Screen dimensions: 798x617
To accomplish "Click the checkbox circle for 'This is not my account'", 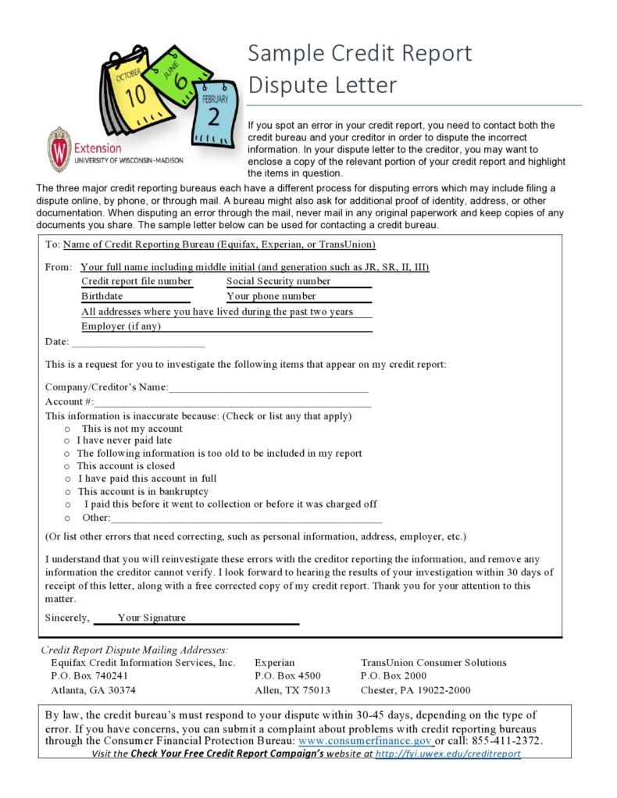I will tap(68, 429).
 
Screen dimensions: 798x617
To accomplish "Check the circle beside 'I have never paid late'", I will tap(68, 441).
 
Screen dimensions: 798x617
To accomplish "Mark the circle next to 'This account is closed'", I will tap(68, 466).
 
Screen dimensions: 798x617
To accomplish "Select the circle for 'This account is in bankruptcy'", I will tap(68, 492).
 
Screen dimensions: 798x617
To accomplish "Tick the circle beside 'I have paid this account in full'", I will tap(68, 479).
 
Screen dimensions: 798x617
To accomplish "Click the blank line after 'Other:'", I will tap(246, 518).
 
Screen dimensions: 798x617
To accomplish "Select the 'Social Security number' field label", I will tap(279, 281).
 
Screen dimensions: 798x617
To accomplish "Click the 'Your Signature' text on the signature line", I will tap(152, 618).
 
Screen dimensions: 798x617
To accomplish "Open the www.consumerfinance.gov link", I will tap(365, 740).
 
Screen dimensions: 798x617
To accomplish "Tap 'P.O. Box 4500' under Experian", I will tap(287, 675).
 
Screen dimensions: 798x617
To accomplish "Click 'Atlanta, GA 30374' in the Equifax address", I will tap(93, 690).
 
